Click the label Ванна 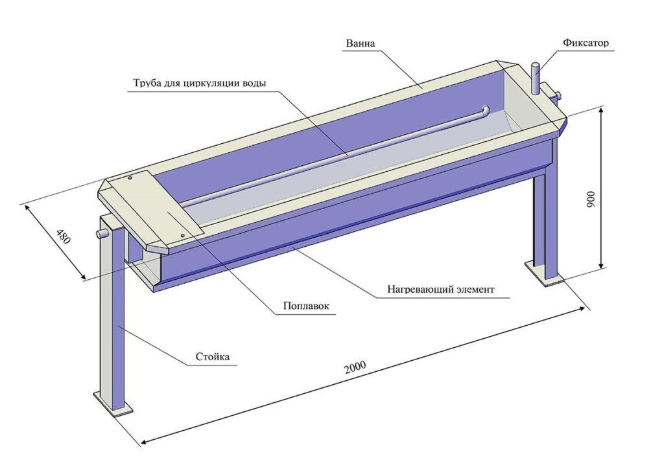pyautogui.click(x=361, y=44)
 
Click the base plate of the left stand pyautogui.click(x=114, y=404)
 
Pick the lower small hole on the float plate pyautogui.click(x=183, y=234)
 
